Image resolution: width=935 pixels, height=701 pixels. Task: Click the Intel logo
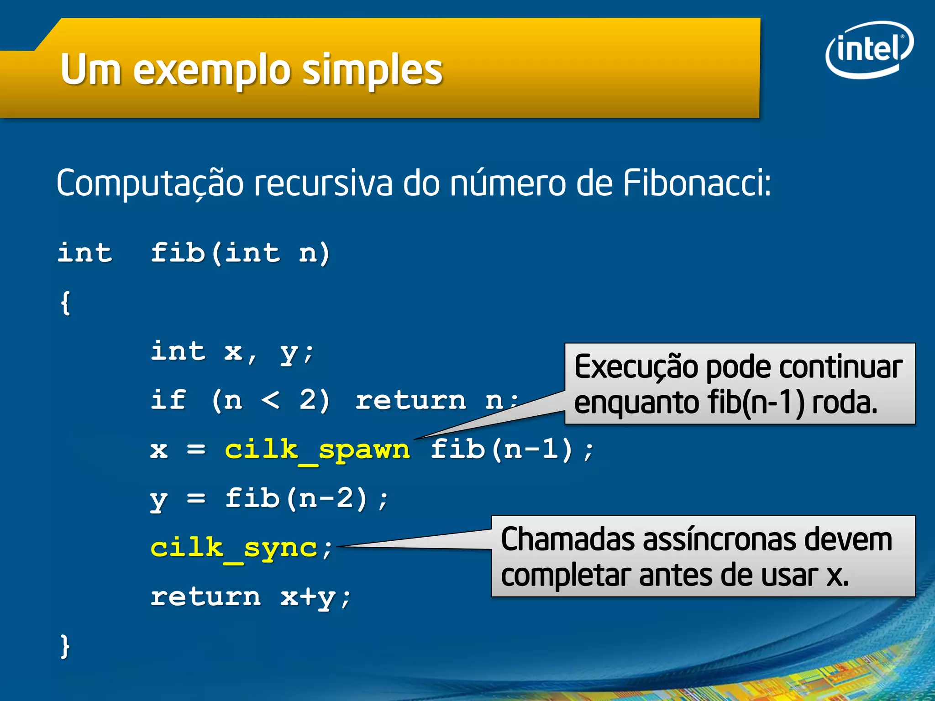pyautogui.click(x=869, y=49)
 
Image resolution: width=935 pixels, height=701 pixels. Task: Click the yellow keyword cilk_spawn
pyautogui.click(x=317, y=450)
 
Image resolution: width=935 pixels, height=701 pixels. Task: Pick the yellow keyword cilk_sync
pyautogui.click(x=234, y=548)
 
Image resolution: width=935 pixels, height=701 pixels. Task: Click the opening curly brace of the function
pyautogui.click(x=65, y=303)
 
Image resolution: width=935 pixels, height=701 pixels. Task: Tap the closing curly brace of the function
pyautogui.click(x=65, y=646)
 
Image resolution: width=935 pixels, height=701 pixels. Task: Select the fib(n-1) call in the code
pyautogui.click(x=501, y=449)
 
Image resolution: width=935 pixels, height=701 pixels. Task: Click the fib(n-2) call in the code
pyautogui.click(x=297, y=498)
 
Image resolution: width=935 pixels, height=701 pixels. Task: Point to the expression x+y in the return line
pyautogui.click(x=308, y=597)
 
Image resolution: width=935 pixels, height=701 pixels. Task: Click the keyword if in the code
pyautogui.click(x=168, y=400)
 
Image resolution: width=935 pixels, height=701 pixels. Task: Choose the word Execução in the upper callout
pyautogui.click(x=636, y=367)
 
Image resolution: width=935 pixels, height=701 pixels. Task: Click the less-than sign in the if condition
pyautogui.click(x=270, y=400)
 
